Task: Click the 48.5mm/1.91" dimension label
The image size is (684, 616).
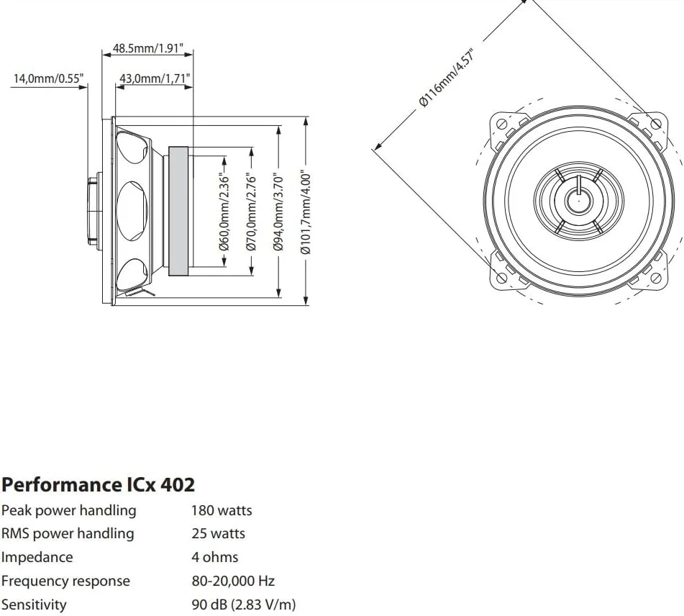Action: (148, 50)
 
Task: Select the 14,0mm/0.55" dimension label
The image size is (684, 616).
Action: (47, 78)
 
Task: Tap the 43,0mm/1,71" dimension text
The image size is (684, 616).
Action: (155, 78)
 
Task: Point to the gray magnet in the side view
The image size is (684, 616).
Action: (178, 212)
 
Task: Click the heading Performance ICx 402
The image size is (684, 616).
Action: (98, 484)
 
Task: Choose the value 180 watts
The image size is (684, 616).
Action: (222, 510)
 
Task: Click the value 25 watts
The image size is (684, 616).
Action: (218, 533)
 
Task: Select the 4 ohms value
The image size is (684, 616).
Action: (214, 557)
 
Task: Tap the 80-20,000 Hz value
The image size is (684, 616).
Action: (233, 581)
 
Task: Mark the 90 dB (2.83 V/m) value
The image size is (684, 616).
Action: (243, 604)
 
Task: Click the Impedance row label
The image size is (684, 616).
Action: (37, 557)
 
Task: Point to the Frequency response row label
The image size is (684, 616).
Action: (65, 581)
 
